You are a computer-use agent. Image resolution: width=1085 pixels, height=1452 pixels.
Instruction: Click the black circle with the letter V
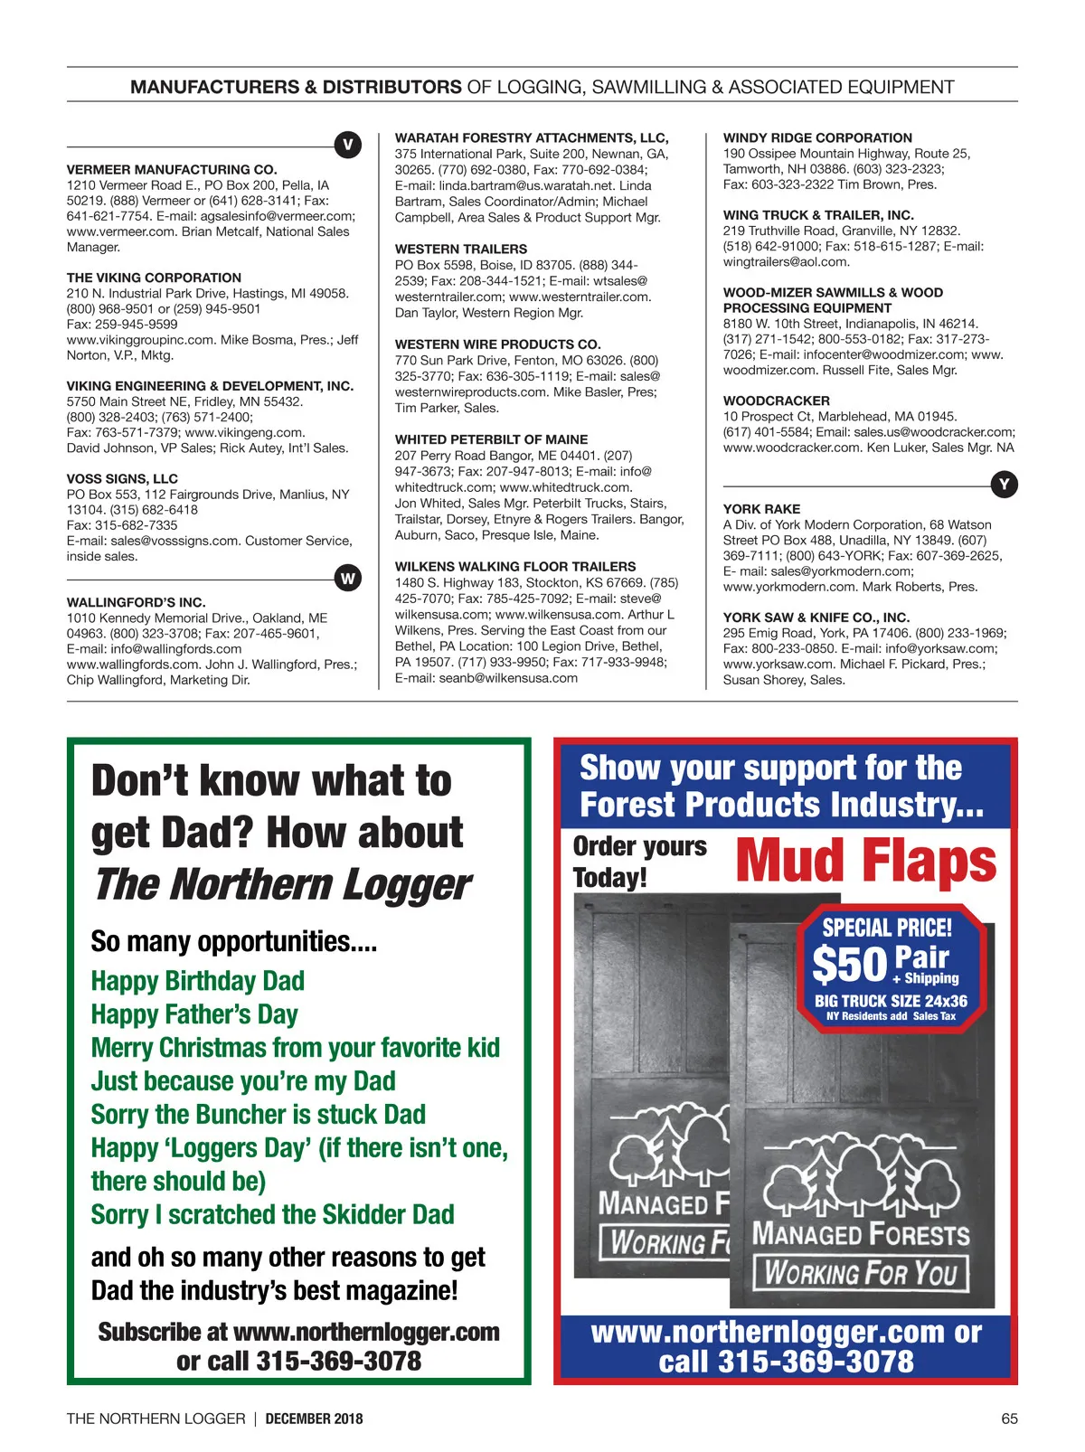point(347,145)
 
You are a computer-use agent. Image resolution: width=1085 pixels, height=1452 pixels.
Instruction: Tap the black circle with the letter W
point(347,578)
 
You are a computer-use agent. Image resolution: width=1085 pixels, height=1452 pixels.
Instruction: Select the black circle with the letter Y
point(1004,485)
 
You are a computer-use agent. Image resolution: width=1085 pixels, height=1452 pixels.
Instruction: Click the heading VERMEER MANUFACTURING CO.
point(172,169)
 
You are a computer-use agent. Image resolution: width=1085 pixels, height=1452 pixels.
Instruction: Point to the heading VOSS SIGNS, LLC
point(122,478)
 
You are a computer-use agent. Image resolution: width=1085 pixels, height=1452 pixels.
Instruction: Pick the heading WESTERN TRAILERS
point(461,249)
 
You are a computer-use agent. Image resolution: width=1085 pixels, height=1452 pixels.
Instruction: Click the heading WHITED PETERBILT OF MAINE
point(491,439)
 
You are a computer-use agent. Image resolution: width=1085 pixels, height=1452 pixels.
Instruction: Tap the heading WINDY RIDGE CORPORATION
point(817,137)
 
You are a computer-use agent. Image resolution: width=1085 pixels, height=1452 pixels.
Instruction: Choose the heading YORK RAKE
point(761,509)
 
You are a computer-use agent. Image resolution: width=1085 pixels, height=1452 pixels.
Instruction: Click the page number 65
point(1009,1419)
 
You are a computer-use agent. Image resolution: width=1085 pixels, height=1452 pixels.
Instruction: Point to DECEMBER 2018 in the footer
point(314,1419)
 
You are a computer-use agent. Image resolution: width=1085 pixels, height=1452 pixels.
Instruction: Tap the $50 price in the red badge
point(849,964)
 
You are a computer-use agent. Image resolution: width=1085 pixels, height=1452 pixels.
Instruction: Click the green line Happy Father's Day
point(194,1014)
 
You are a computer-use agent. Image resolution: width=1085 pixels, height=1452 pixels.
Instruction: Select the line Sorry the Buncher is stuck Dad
point(258,1115)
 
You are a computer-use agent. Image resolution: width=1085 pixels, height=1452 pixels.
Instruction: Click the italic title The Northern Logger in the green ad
point(282,885)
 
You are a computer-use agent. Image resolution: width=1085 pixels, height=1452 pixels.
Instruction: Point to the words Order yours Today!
point(639,862)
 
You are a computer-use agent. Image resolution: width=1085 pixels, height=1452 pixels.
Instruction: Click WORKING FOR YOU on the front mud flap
point(860,1273)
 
